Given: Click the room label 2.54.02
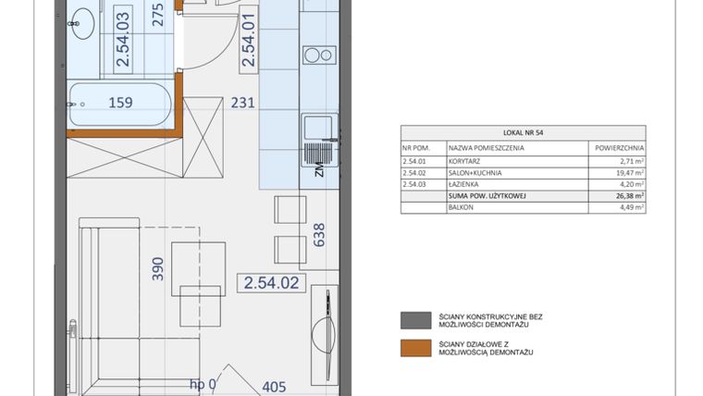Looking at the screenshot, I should pyautogui.click(x=271, y=283).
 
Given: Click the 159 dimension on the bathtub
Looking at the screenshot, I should pyautogui.click(x=122, y=104).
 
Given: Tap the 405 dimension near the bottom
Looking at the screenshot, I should pyautogui.click(x=275, y=387).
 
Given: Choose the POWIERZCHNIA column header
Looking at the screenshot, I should pyautogui.click(x=617, y=147).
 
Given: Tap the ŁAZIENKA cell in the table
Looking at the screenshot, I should pyautogui.click(x=465, y=184).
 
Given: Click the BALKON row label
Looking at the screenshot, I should pyautogui.click(x=462, y=208).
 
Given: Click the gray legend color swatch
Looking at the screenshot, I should pyautogui.click(x=410, y=321).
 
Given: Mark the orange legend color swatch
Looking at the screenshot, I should pyautogui.click(x=410, y=348).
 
